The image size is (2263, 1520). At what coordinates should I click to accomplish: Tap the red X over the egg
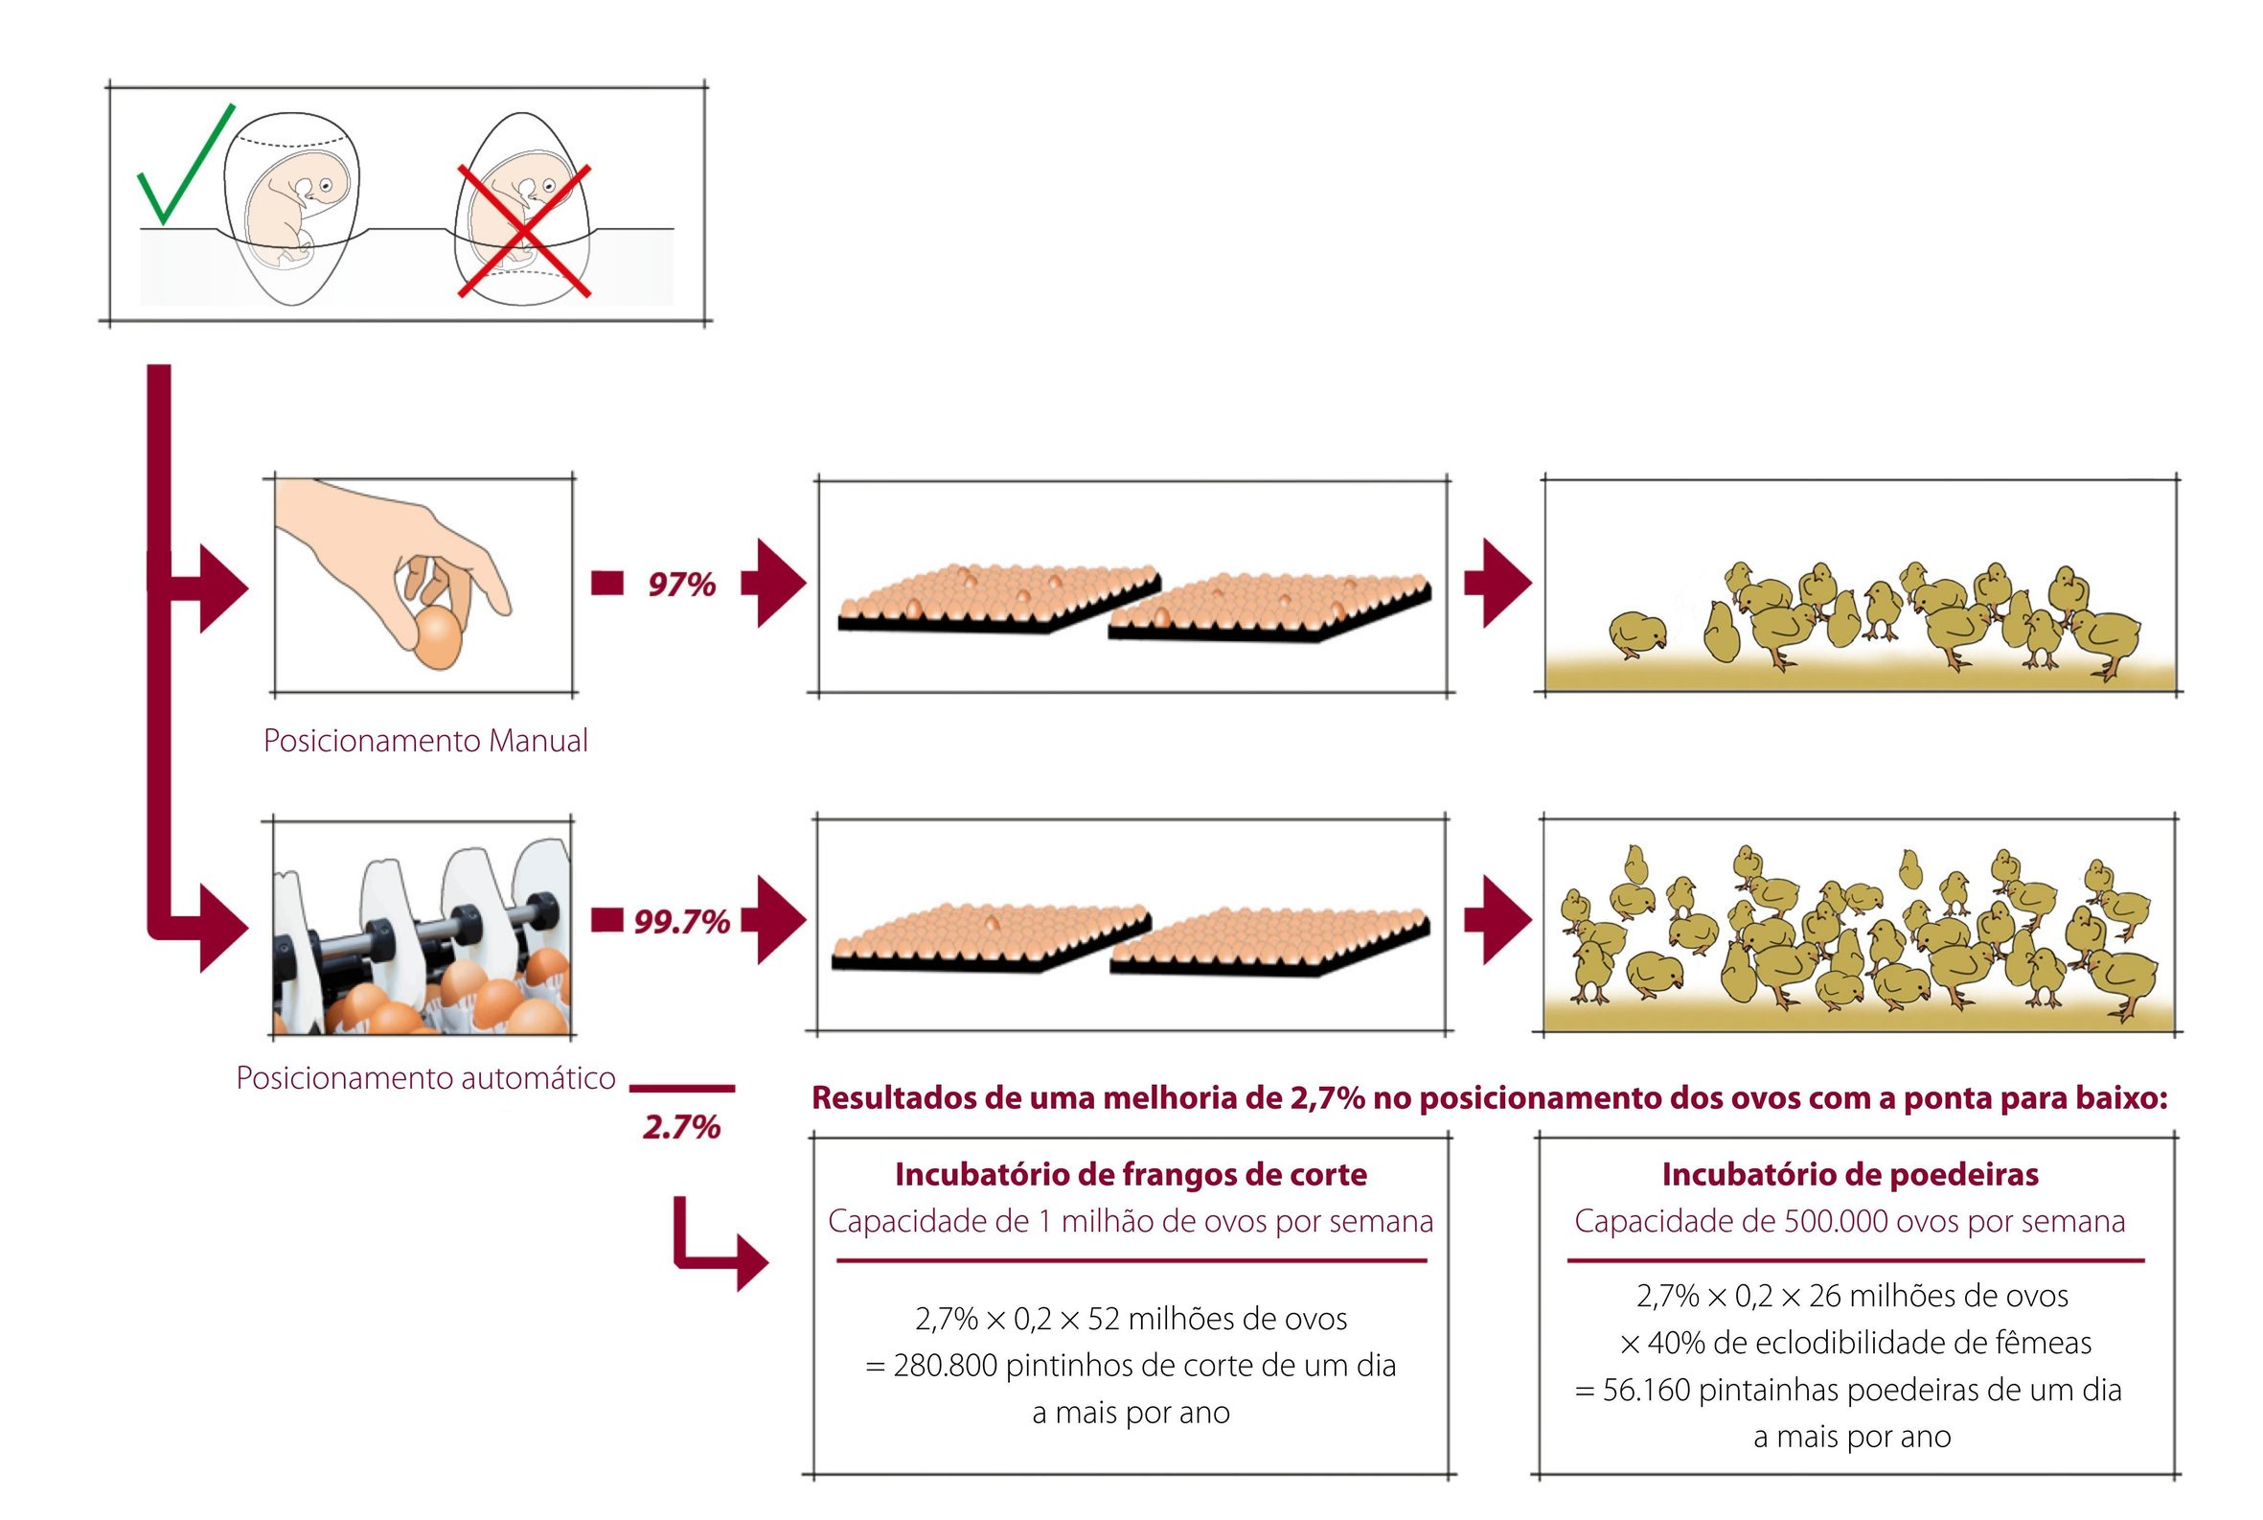(523, 231)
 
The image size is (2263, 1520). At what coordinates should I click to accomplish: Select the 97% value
(681, 585)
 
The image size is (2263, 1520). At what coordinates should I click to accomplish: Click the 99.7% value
(681, 921)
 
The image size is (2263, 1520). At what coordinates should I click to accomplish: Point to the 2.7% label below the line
(681, 1126)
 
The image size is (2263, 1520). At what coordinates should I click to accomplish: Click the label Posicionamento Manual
(425, 741)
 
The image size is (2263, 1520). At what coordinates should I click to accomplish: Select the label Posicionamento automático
(425, 1078)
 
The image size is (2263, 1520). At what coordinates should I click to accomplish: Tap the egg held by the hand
(438, 637)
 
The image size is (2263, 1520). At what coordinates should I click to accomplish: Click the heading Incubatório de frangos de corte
(1131, 1175)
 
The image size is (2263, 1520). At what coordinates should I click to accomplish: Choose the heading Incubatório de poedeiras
(1850, 1175)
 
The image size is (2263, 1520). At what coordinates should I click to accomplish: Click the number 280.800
(945, 1366)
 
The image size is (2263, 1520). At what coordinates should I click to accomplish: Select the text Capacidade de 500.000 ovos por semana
(1849, 1221)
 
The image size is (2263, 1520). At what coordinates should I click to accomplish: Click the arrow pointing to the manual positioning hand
(208, 587)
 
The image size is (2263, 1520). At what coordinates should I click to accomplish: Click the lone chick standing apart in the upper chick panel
(1638, 635)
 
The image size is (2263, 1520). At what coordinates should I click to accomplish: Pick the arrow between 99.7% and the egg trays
(773, 920)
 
